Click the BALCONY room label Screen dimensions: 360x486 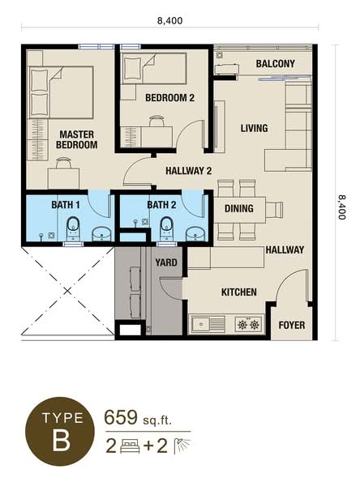tap(276, 64)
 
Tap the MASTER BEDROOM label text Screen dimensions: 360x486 tap(77, 139)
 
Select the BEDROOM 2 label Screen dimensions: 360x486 tap(169, 98)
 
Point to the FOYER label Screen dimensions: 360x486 tap(292, 325)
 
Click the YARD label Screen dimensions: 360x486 tap(166, 262)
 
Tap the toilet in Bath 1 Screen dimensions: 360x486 tap(73, 228)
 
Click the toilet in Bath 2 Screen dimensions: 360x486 tap(166, 228)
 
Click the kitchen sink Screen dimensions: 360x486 tap(208, 324)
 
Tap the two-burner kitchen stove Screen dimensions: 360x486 tap(248, 325)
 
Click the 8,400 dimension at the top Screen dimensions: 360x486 tap(169, 21)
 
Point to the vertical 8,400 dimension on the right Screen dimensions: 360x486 tap(342, 207)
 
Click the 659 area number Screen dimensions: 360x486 tap(121, 417)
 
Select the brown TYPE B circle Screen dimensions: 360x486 tap(60, 432)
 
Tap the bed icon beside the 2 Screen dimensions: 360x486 tap(130, 446)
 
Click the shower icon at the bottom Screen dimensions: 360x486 tap(182, 446)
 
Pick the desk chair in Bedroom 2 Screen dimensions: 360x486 tap(156, 121)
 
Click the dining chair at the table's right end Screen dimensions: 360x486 tap(274, 209)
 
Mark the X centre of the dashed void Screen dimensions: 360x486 tap(67, 291)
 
